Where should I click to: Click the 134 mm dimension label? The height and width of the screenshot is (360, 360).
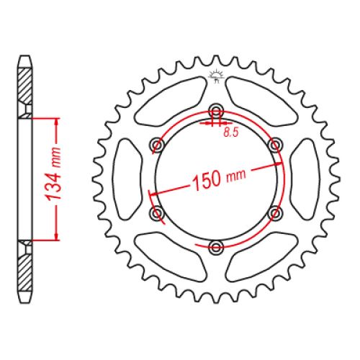pyautogui.click(x=53, y=174)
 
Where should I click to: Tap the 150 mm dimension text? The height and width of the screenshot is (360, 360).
pyautogui.click(x=219, y=179)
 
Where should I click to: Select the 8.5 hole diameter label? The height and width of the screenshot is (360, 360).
pyautogui.click(x=231, y=132)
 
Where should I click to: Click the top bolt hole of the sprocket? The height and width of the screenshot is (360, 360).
pyautogui.click(x=216, y=112)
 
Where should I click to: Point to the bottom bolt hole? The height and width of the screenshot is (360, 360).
pyautogui.click(x=216, y=246)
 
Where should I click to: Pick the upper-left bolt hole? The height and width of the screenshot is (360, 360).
pyautogui.click(x=158, y=145)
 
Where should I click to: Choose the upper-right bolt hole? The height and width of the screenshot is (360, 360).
pyautogui.click(x=275, y=145)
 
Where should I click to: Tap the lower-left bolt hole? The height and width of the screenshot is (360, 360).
pyautogui.click(x=157, y=212)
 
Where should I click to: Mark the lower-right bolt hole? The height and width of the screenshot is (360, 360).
pyautogui.click(x=275, y=213)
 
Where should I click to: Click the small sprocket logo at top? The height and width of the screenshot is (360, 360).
pyautogui.click(x=217, y=76)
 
